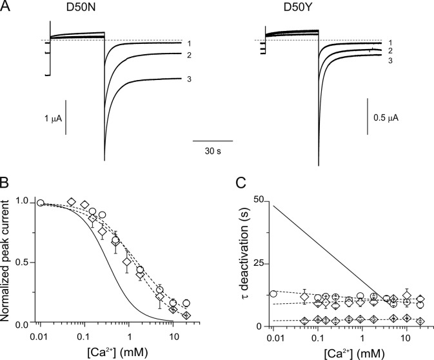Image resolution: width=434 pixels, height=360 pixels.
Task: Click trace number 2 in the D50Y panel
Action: pos(390,50)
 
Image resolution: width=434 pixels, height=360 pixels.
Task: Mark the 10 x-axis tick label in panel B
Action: pos(172,337)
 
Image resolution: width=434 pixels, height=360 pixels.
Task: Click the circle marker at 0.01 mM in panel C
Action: pos(273,294)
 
